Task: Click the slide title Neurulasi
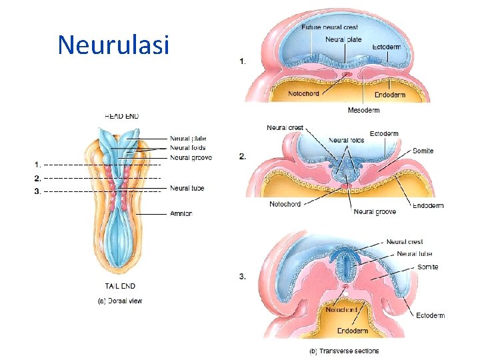[x=113, y=45]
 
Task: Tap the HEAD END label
[x=122, y=116]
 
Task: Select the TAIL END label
[x=120, y=286]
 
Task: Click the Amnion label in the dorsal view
[x=181, y=214]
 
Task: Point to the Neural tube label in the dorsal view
[x=187, y=189]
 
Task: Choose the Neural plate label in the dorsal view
[x=188, y=139]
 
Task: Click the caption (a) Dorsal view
[x=120, y=301]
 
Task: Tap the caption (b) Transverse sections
[x=343, y=351]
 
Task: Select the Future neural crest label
[x=329, y=27]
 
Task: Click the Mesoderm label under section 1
[x=364, y=109]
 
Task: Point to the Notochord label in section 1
[x=304, y=94]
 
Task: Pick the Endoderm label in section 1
[x=389, y=95]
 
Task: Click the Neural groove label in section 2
[x=375, y=212]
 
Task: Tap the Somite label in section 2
[x=423, y=151]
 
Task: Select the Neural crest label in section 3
[x=404, y=242]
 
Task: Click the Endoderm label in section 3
[x=352, y=331]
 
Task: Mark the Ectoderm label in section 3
[x=430, y=315]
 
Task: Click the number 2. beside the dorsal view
[x=38, y=178]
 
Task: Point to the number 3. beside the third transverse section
[x=242, y=277]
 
